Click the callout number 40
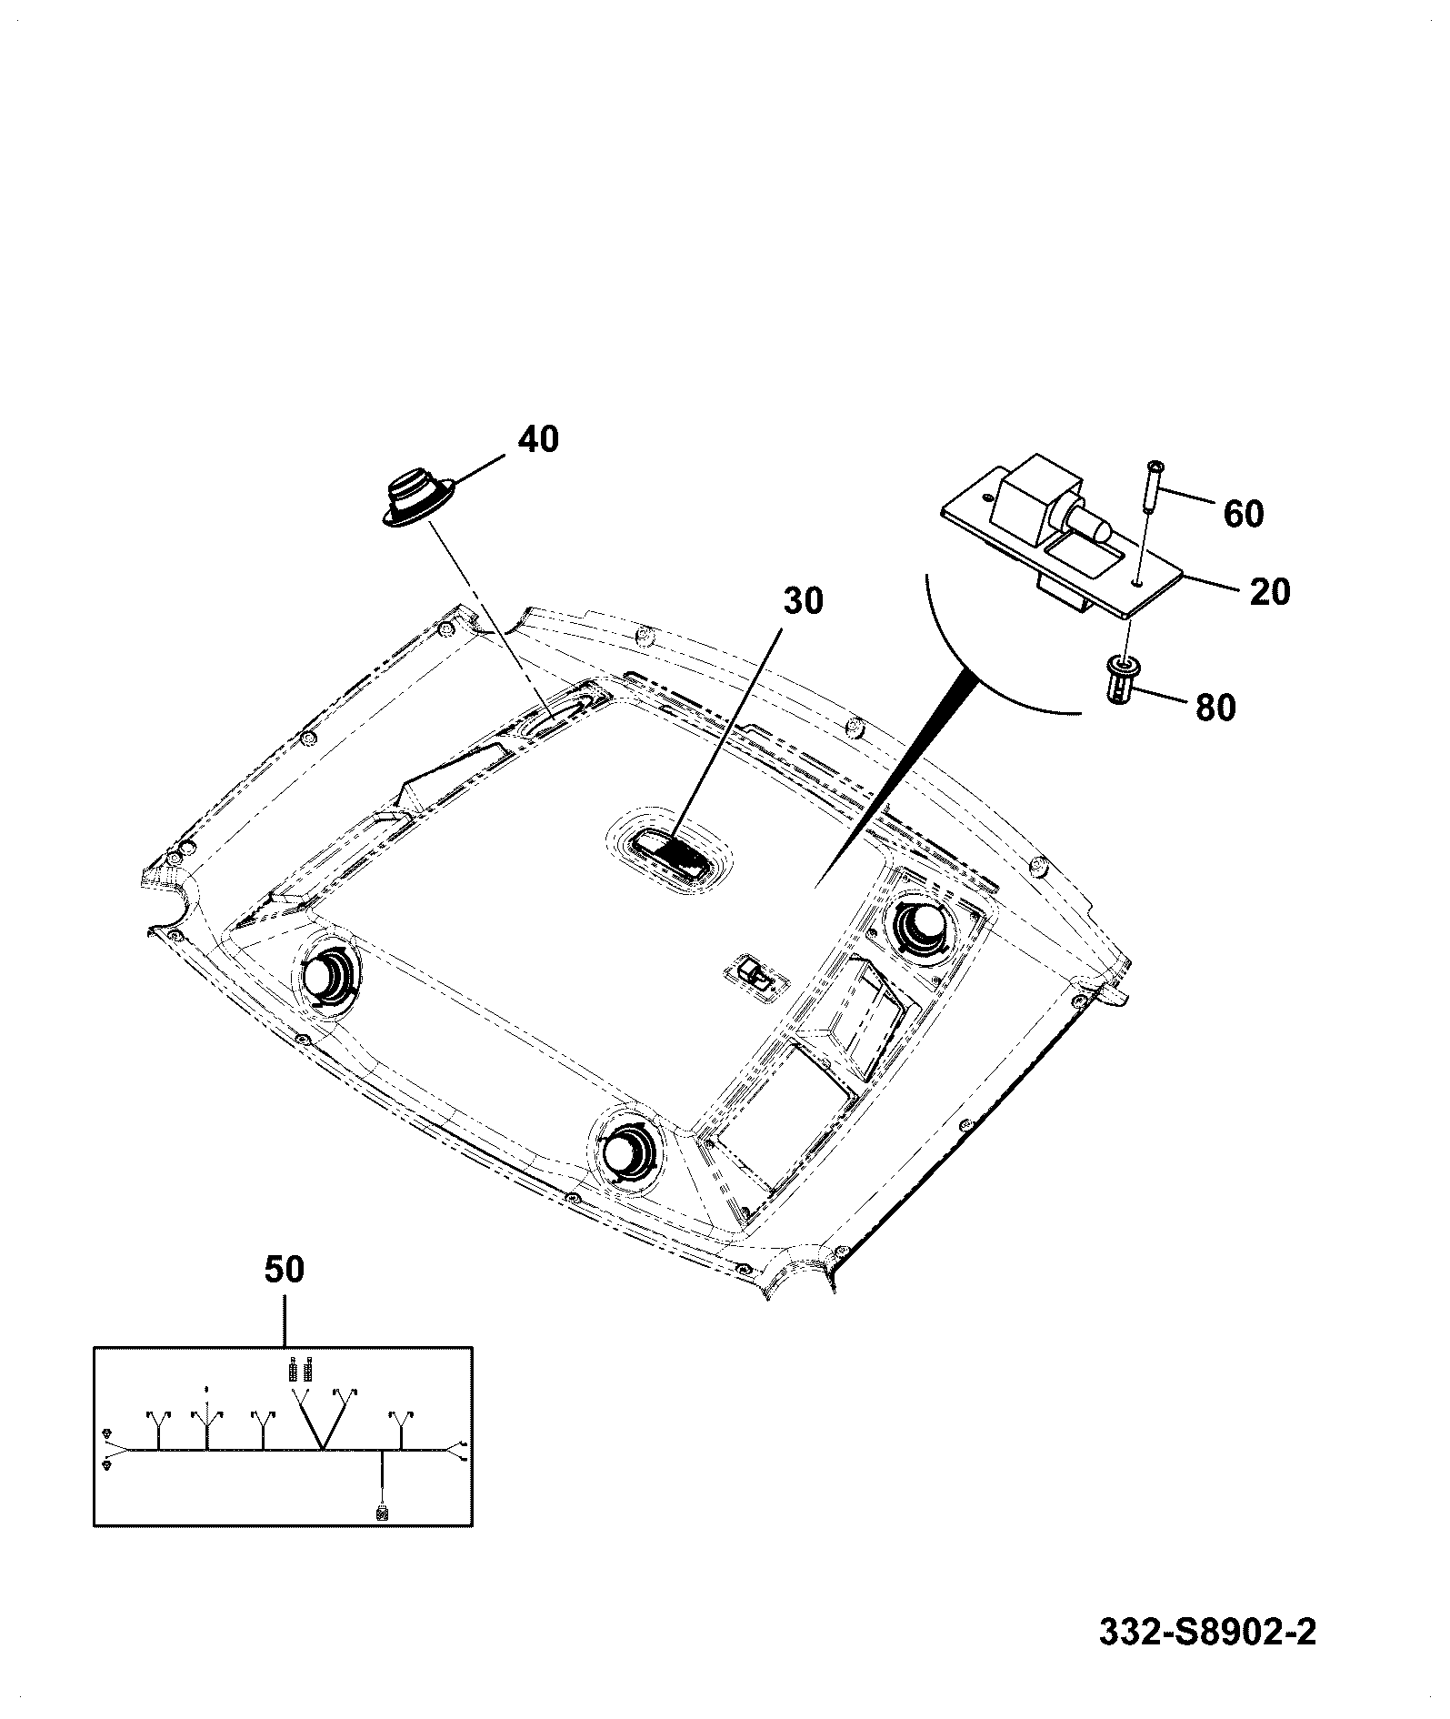(x=538, y=440)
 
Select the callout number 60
(x=1243, y=514)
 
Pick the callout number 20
(x=1269, y=592)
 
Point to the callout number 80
(x=1215, y=708)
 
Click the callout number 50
(x=285, y=1270)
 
